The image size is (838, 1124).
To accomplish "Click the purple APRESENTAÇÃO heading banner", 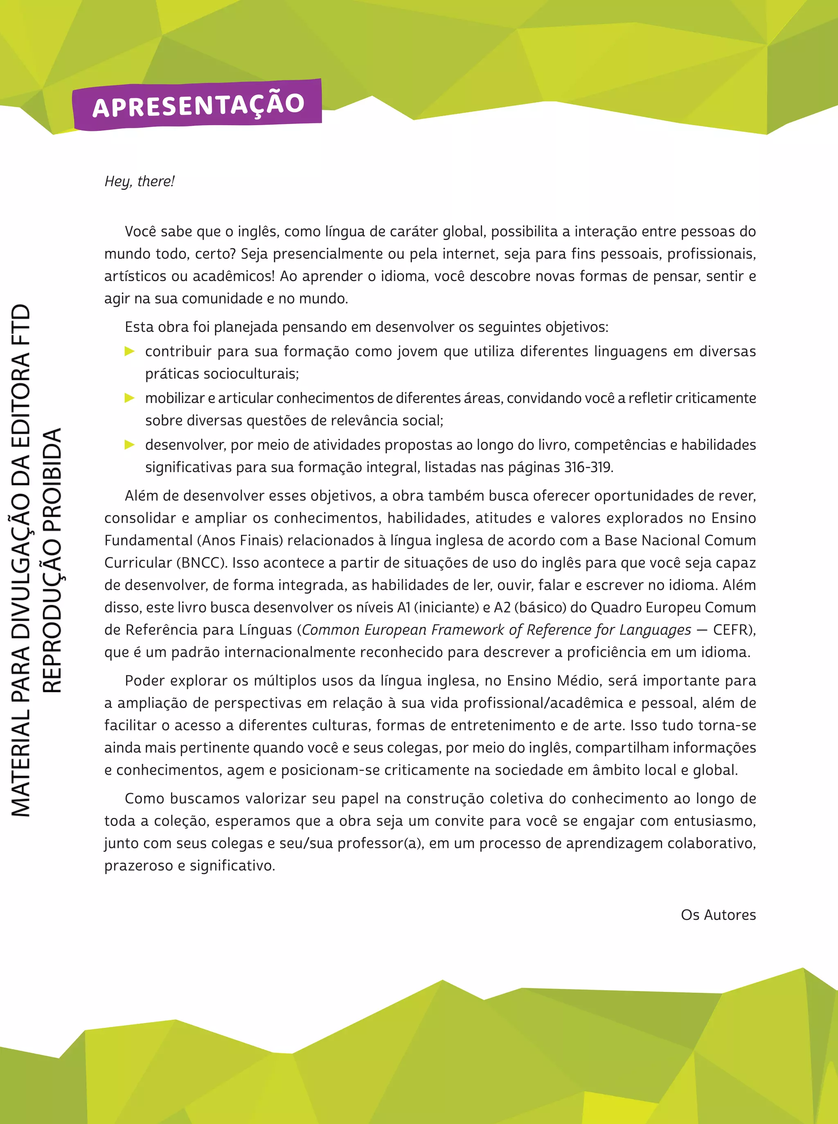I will (x=197, y=105).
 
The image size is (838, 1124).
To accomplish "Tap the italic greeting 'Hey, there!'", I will (x=139, y=181).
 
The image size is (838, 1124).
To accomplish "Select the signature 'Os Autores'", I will (x=718, y=915).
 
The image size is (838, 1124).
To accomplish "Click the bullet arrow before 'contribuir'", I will (x=129, y=351).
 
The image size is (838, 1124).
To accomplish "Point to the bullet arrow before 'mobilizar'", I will (x=129, y=398).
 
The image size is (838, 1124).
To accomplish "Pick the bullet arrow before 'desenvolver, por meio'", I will (x=129, y=444).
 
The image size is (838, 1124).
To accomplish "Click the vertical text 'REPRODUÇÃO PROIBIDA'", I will (x=52, y=561).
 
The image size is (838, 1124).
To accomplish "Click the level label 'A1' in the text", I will (x=403, y=607).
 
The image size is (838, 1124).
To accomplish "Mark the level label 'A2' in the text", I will (x=503, y=607).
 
